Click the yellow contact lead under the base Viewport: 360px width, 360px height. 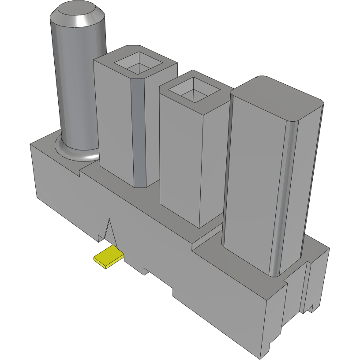(108, 258)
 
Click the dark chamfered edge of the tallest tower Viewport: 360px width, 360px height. (138, 132)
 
